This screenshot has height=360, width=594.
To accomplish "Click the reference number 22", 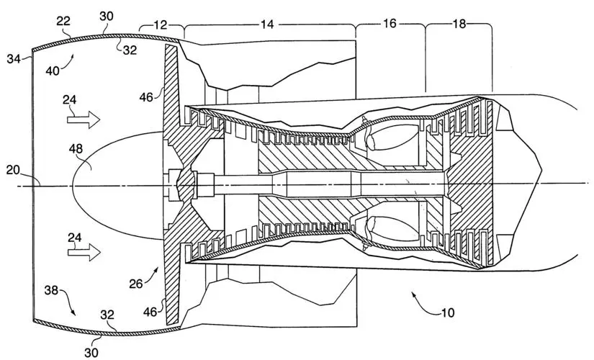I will (x=63, y=22).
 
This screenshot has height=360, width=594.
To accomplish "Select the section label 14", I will (x=268, y=24).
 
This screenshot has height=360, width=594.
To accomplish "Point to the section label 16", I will (x=390, y=24).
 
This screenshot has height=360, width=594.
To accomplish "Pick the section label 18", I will (x=459, y=24).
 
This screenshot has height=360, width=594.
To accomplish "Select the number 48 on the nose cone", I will (x=95, y=150).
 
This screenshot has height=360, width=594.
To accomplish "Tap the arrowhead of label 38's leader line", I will (x=73, y=315).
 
